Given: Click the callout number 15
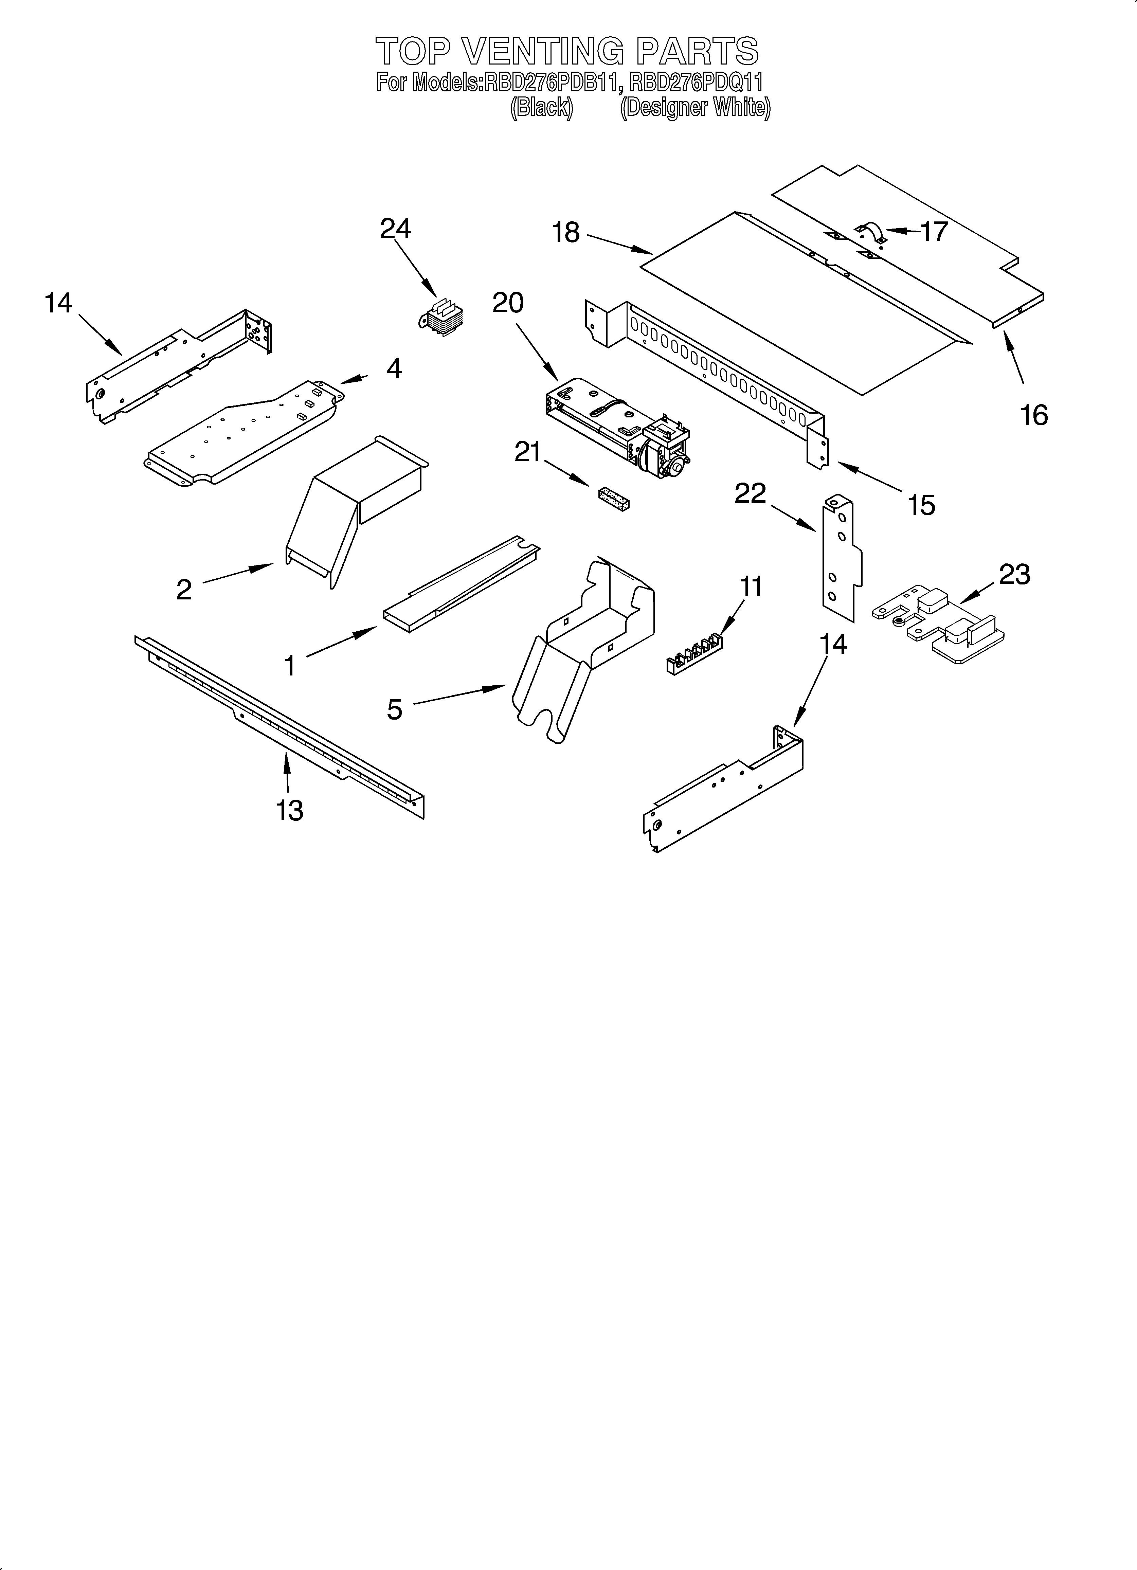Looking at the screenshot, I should coord(921,505).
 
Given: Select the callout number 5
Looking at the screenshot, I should coord(394,709).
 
